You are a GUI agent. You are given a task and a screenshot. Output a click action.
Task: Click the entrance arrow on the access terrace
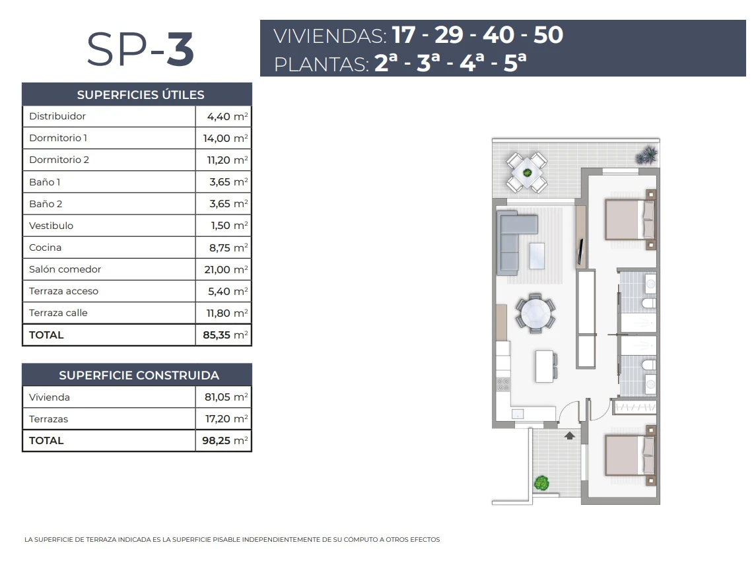569,436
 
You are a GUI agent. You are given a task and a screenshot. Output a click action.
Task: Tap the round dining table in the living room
535,313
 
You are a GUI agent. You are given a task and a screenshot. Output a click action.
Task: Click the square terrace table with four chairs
526,172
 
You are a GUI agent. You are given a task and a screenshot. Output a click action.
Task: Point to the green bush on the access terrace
541,482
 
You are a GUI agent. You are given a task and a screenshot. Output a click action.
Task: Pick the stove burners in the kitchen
503,384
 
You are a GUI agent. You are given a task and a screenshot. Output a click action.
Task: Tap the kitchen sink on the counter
518,414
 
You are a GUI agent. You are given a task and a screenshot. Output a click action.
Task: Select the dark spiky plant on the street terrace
647,155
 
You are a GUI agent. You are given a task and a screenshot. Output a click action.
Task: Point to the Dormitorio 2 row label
59,160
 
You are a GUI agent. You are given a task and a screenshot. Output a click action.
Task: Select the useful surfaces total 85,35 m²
225,335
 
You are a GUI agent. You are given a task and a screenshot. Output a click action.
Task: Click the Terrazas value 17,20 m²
226,419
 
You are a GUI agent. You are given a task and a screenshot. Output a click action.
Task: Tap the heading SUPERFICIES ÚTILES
141,95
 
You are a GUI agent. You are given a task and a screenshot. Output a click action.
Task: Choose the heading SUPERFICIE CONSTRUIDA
139,375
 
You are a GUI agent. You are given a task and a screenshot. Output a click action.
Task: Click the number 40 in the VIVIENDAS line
498,35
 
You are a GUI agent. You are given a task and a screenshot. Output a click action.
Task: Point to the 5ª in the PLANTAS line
515,63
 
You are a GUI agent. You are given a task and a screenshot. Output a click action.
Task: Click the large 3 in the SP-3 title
180,49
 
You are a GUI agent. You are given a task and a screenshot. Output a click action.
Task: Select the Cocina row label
46,247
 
